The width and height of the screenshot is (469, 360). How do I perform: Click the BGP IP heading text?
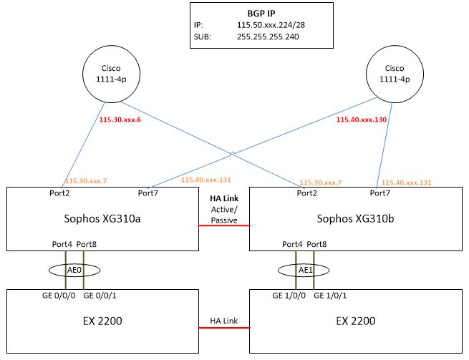[261, 13]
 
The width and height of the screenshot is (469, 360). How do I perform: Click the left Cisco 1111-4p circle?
[110, 75]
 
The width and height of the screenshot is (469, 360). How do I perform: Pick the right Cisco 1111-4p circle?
[394, 75]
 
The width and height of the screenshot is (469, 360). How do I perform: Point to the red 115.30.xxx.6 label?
[121, 120]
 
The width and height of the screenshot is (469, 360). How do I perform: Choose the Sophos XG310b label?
[354, 218]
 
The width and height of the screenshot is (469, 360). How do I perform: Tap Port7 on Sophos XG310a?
[147, 193]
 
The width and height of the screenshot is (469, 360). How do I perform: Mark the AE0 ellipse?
[74, 271]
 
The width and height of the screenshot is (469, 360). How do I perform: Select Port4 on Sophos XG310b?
[293, 245]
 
